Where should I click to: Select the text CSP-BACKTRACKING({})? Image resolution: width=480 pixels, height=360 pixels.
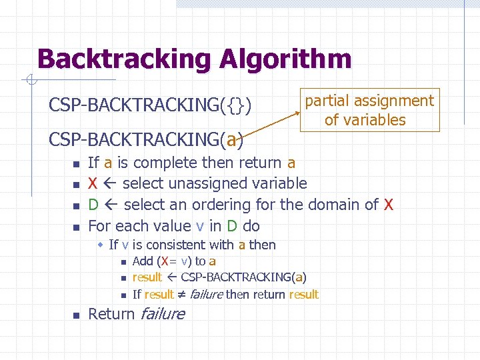150,105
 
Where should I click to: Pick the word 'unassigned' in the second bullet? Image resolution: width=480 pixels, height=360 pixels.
205,183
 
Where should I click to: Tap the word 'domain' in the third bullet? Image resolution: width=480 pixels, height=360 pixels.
332,205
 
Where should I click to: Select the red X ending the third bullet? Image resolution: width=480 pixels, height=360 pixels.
388,205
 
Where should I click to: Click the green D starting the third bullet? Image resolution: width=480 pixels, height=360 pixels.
94,205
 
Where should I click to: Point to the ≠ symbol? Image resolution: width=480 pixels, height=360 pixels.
183,295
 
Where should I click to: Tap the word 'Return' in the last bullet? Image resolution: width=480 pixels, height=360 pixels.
111,313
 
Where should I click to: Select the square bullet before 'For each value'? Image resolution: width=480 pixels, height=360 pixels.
76,227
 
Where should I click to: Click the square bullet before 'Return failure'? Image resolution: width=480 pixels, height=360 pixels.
76,315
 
